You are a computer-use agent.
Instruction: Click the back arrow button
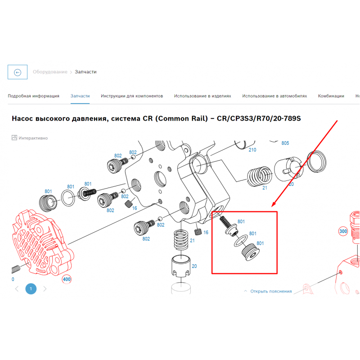[x=18, y=72]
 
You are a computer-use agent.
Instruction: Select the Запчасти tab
[x=80, y=96]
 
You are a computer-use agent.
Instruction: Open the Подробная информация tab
[x=33, y=96]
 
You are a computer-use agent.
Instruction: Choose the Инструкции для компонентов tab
[x=132, y=96]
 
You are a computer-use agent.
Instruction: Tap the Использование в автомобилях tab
[x=274, y=96]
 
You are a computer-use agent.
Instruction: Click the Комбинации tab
[x=331, y=96]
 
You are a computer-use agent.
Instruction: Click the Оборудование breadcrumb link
[x=50, y=72]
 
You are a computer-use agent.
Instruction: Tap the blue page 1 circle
[x=31, y=288]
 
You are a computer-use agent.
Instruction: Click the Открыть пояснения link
[x=271, y=291]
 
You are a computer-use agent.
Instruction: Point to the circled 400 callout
[x=67, y=279]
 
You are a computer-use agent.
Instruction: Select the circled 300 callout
[x=343, y=231]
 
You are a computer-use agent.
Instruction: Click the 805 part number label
[x=285, y=143]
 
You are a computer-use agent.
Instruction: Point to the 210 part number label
[x=252, y=150]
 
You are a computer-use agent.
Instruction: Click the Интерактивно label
[x=33, y=138]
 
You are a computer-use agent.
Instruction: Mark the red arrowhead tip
[x=272, y=207]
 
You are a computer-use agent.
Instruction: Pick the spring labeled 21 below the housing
[x=181, y=240]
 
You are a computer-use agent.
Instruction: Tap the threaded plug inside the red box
[x=251, y=252]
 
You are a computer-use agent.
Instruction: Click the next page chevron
[x=45, y=288]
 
